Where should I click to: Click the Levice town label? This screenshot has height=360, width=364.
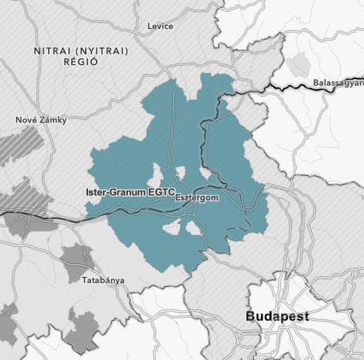[161, 27]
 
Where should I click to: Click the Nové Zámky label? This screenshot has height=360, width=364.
[41, 120]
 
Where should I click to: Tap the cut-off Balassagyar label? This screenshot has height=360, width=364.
[338, 81]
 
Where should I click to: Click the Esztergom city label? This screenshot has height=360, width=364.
[198, 198]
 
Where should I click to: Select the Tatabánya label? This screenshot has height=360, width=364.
[103, 280]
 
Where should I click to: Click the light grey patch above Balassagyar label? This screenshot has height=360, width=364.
[299, 65]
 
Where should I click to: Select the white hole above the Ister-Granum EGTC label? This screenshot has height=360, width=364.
[156, 176]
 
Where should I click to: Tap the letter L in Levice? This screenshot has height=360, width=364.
[150, 27]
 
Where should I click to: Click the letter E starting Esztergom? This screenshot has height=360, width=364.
[178, 198]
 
